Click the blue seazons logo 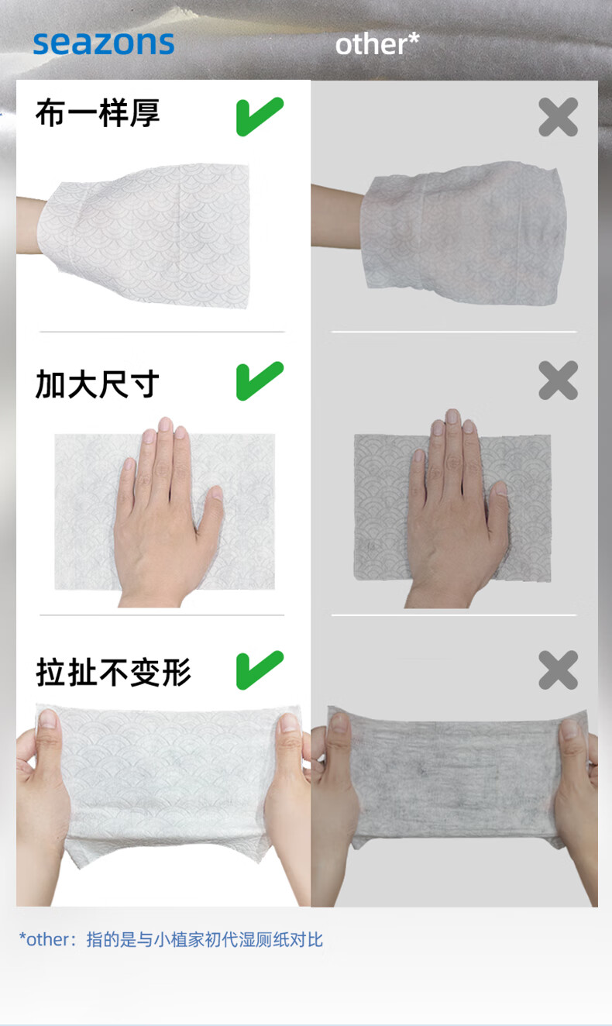pos(104,43)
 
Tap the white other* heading pos(377,44)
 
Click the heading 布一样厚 pos(98,112)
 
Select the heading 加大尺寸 pos(98,384)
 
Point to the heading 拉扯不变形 pos(114,673)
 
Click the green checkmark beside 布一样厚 pos(260,116)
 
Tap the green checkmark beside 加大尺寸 pos(260,380)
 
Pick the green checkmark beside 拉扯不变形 pos(260,670)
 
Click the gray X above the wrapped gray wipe pos(559,117)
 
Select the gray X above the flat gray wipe pos(559,380)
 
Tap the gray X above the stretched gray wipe pos(559,670)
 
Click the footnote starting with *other pos(170,939)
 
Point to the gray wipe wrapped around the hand pos(463,232)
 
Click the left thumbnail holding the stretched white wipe pos(47,718)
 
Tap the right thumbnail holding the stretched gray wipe pos(570,728)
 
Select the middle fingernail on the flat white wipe pos(165,424)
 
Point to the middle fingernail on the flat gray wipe pos(452,416)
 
